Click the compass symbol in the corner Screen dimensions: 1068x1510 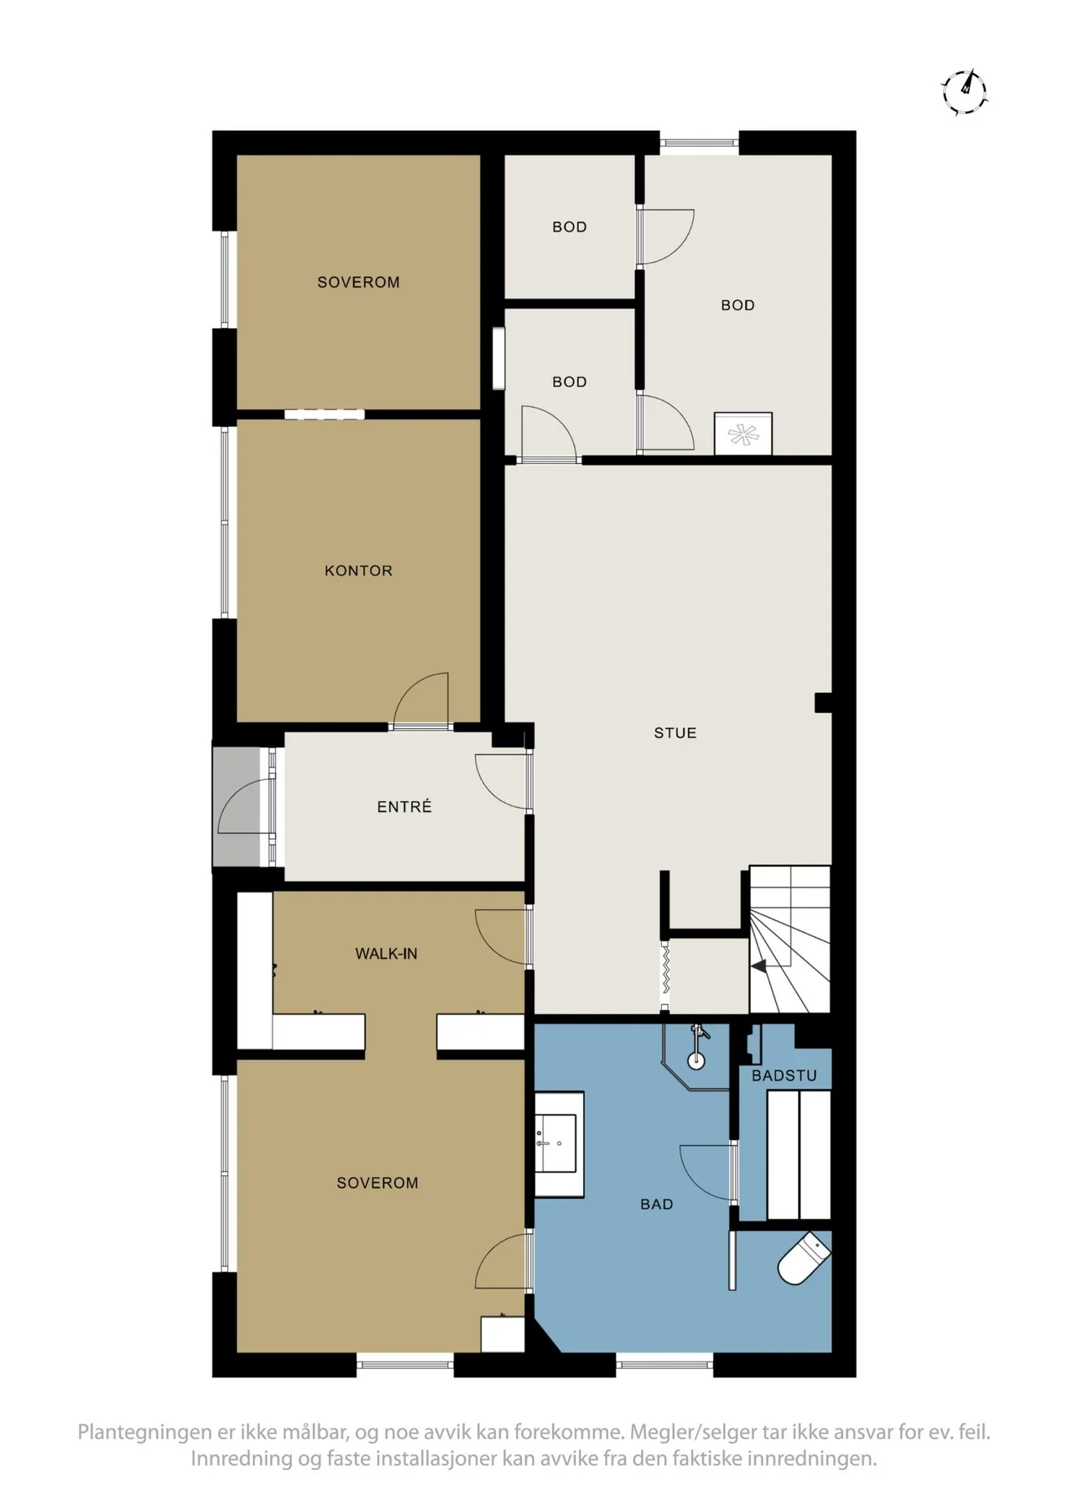[965, 91]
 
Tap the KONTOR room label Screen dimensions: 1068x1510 [358, 570]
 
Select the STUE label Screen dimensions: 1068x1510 [675, 732]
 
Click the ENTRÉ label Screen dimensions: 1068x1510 [404, 806]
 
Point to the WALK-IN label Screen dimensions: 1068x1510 [386, 953]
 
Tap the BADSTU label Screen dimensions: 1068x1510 [784, 1075]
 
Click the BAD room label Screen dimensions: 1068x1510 [657, 1204]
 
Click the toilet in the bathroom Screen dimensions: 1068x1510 [804, 1258]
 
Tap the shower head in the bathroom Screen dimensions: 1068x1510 [697, 1045]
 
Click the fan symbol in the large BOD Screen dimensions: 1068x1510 [743, 434]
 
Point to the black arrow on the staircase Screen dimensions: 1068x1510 [758, 966]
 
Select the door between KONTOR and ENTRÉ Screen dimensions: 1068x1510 [421, 701]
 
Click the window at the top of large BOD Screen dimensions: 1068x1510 [700, 143]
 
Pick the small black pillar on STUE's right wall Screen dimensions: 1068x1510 [823, 702]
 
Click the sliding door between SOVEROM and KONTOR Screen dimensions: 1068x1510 [325, 414]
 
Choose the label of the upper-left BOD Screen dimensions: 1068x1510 [570, 226]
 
